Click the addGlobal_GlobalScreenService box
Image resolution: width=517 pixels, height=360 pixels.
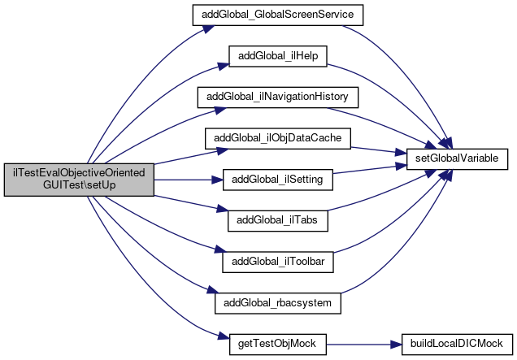click(x=278, y=15)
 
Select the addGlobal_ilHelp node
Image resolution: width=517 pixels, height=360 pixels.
click(x=278, y=56)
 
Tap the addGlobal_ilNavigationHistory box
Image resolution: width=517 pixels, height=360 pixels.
click(x=278, y=98)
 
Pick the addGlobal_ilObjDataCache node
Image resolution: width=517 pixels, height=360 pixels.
click(x=278, y=138)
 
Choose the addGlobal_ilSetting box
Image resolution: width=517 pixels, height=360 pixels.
click(x=278, y=180)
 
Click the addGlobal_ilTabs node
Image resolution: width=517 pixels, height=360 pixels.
click(x=278, y=221)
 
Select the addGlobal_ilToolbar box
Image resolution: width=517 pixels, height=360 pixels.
click(x=278, y=262)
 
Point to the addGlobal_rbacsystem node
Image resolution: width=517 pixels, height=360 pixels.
click(x=278, y=303)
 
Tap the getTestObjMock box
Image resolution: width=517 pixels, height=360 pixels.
click(x=278, y=345)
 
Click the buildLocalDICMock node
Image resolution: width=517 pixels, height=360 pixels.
click(x=457, y=345)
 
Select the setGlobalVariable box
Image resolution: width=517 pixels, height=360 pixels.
click(x=457, y=159)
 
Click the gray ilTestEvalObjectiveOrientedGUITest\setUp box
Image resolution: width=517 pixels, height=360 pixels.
click(x=79, y=180)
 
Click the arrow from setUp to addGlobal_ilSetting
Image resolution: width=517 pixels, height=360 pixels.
click(x=189, y=180)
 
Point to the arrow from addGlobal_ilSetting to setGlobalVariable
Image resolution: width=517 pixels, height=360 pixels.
click(x=370, y=169)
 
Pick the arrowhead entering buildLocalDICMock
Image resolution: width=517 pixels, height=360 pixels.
click(x=396, y=345)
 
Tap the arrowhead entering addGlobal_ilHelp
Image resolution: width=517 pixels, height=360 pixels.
click(x=224, y=66)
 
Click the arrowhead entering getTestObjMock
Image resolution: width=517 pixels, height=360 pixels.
click(x=224, y=337)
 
